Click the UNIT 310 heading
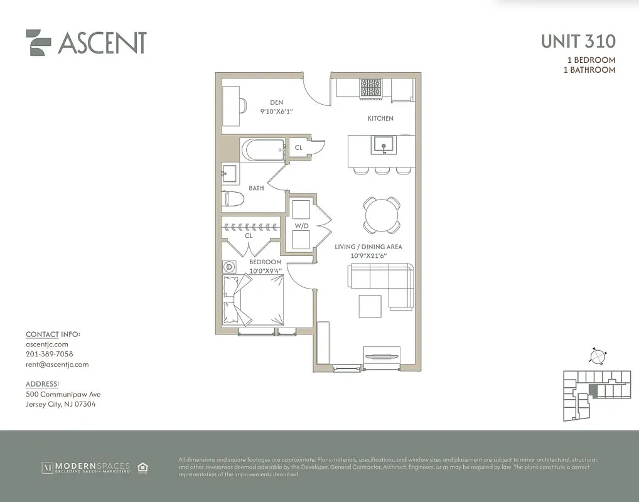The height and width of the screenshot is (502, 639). click(577, 42)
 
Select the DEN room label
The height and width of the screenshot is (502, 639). click(277, 102)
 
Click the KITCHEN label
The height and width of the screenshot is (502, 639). click(380, 119)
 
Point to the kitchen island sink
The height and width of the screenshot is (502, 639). click(381, 145)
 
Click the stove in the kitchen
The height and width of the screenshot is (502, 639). click(370, 88)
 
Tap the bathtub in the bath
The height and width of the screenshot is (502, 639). click(263, 150)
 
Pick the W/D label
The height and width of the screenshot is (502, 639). click(302, 226)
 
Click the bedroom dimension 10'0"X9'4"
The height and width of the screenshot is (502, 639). click(266, 270)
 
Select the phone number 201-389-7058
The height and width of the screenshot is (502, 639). click(50, 354)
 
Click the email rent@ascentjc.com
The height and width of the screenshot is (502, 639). click(57, 364)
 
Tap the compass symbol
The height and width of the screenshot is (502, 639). click(597, 356)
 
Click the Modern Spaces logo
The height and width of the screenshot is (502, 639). click(86, 467)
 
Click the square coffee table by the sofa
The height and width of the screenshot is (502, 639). click(370, 306)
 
